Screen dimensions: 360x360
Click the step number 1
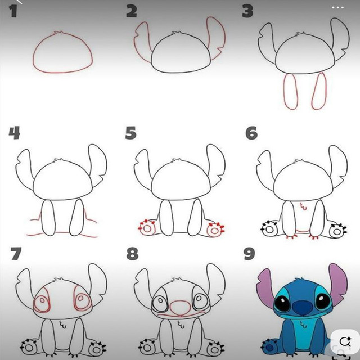tap(13, 11)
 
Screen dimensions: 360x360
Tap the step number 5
tap(131, 133)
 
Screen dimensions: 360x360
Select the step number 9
tap(249, 254)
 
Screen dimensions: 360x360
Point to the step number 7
tap(16, 254)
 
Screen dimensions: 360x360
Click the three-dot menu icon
tap(337, 7)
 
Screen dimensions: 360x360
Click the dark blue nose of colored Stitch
tap(303, 308)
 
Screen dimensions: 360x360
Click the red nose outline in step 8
tap(181, 308)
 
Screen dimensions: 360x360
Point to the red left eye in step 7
tap(42, 300)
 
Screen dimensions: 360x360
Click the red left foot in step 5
tap(147, 228)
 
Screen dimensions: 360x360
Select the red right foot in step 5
tap(215, 230)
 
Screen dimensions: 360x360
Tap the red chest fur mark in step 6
tap(304, 206)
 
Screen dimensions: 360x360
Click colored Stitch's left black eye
tap(282, 303)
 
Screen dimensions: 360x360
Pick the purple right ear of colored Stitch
tap(339, 283)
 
